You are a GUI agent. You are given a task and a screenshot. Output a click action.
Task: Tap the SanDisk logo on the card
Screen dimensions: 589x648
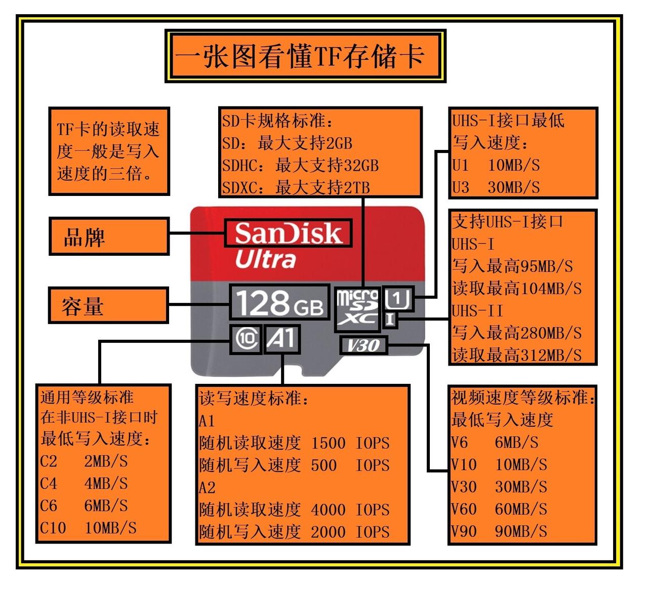[x=288, y=233]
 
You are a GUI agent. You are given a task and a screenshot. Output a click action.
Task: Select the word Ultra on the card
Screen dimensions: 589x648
[x=265, y=259]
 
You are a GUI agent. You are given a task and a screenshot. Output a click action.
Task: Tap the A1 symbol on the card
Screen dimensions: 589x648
[x=281, y=339]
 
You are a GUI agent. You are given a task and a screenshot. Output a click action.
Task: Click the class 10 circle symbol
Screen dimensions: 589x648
[x=247, y=339]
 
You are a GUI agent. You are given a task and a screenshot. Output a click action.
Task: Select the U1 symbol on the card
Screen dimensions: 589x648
[x=398, y=299]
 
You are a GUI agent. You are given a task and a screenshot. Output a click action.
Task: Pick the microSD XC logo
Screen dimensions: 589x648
[x=358, y=308]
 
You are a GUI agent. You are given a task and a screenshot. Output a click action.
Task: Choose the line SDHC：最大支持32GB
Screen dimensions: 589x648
[x=300, y=166]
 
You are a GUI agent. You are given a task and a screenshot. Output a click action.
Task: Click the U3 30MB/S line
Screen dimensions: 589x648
[x=496, y=187]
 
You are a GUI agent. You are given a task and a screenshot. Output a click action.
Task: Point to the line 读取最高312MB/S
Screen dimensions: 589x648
[x=516, y=355]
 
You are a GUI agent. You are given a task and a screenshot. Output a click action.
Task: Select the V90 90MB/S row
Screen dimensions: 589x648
[x=499, y=531]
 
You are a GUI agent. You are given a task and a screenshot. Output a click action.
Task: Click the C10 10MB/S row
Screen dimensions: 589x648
[x=89, y=528]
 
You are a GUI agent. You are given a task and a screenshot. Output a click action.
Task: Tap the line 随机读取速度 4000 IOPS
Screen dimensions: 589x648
[x=294, y=509]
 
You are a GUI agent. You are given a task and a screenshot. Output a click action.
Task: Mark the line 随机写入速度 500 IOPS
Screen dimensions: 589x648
[x=294, y=465]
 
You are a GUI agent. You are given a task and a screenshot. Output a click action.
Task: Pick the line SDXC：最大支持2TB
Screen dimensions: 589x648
[x=296, y=188]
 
